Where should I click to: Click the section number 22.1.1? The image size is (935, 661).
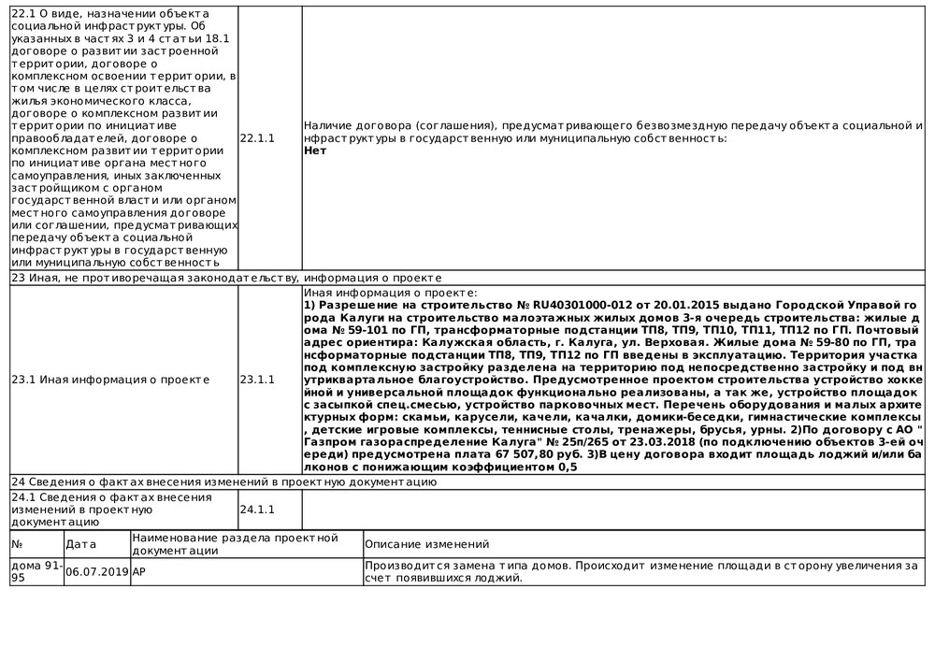(258, 138)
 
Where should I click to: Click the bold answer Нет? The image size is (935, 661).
(315, 150)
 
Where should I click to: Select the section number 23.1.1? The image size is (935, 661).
(258, 380)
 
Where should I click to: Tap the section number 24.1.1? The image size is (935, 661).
(258, 510)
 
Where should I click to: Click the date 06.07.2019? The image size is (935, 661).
(97, 572)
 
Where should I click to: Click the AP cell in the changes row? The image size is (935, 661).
(139, 572)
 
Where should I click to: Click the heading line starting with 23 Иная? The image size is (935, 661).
(224, 279)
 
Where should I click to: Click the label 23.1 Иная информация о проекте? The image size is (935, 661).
(110, 380)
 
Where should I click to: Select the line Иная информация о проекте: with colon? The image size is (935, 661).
(391, 294)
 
